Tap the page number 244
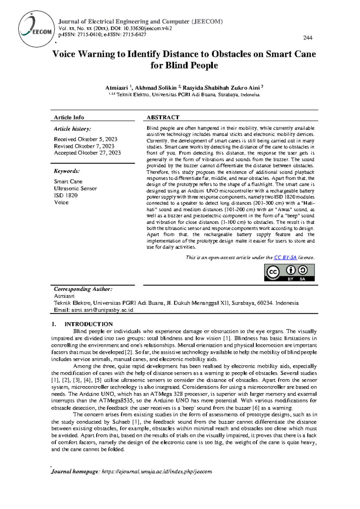tap(308, 38)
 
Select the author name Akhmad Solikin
tap(156, 88)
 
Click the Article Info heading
tap(69, 117)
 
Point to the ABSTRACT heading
tap(163, 117)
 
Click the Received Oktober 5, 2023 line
tap(85, 139)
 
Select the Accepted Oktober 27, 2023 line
tap(87, 153)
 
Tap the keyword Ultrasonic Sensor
tap(75, 188)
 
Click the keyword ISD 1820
tap(66, 195)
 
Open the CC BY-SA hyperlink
tap(285, 258)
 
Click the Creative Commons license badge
tap(289, 273)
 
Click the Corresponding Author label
tap(83, 289)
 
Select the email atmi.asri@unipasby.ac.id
tap(102, 310)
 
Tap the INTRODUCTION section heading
tap(88, 324)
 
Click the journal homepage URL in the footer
tap(157, 471)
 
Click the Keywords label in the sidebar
tap(67, 171)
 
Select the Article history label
tap(72, 129)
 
